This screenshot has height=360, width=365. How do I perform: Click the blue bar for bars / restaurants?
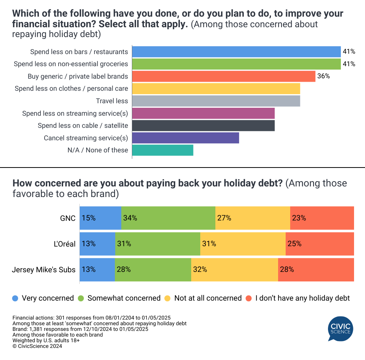[x=236, y=51]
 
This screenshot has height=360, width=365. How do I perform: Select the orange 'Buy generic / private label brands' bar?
[x=224, y=76]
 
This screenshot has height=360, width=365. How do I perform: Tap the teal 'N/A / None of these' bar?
[x=162, y=150]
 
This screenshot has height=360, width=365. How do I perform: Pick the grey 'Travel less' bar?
[x=216, y=101]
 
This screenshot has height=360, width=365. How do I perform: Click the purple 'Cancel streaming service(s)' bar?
[x=186, y=138]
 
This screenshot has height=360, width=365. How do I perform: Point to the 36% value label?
[x=323, y=76]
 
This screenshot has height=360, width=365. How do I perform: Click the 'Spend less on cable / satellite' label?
[x=83, y=126]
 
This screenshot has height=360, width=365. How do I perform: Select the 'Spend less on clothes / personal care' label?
[x=71, y=88]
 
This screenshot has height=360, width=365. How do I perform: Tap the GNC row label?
[x=68, y=218]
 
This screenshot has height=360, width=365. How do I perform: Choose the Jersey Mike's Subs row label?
[x=44, y=270]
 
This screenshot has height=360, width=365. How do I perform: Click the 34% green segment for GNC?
[x=168, y=218]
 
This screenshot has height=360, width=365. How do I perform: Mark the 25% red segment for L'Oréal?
[x=320, y=244]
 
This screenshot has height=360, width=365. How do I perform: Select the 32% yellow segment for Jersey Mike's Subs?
[x=234, y=270]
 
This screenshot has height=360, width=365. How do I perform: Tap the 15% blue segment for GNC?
[x=101, y=218]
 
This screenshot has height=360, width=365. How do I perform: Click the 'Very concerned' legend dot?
[x=15, y=298]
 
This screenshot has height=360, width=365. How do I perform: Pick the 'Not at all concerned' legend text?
[x=208, y=298]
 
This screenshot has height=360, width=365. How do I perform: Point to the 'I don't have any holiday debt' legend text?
[x=302, y=298]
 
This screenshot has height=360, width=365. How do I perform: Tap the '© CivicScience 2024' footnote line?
[x=37, y=346]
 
